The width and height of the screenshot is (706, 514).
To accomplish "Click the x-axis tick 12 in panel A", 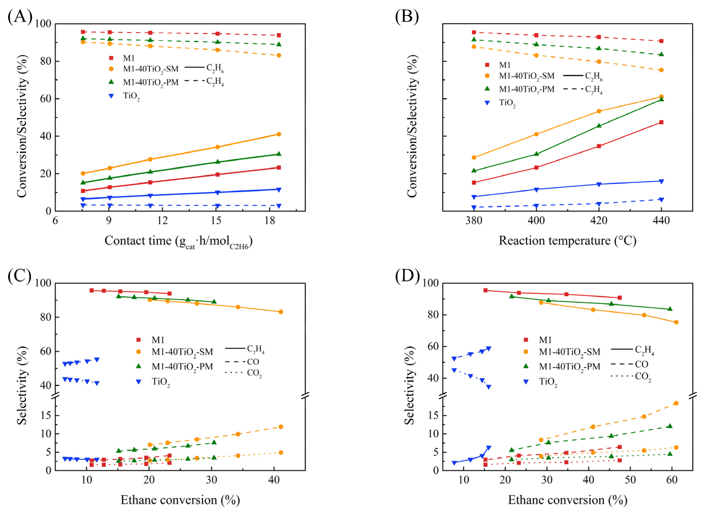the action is [x=162, y=221].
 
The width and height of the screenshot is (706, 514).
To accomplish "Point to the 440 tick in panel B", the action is [x=661, y=221].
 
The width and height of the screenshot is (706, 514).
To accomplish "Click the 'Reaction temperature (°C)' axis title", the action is [x=568, y=241].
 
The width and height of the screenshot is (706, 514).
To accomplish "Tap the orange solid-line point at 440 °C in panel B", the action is [x=661, y=97].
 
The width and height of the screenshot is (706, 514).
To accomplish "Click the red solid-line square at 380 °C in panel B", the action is [x=474, y=182].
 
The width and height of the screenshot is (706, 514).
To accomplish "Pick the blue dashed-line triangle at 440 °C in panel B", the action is [x=661, y=200].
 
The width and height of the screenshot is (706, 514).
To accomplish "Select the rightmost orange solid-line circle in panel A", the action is [x=278, y=134].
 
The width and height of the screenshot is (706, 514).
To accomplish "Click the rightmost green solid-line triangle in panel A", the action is [x=278, y=154].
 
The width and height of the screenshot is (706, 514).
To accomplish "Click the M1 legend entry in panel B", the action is [x=498, y=65].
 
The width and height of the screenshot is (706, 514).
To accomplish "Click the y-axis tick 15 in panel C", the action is [x=46, y=416].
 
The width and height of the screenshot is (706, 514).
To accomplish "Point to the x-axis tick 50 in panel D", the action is [x=630, y=480].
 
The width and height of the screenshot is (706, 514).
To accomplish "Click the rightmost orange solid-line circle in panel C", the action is [x=280, y=312].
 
